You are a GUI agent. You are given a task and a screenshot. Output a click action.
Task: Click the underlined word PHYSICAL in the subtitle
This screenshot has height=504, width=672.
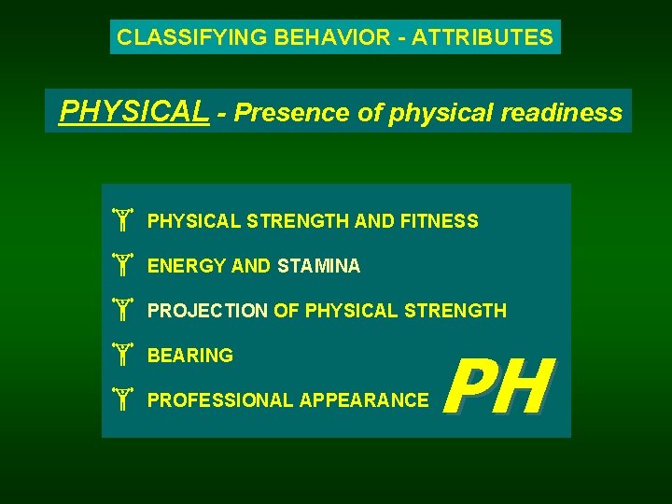133,113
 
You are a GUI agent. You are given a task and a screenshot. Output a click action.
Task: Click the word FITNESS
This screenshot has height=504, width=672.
440,222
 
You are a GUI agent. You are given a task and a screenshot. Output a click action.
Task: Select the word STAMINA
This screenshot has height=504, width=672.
318,267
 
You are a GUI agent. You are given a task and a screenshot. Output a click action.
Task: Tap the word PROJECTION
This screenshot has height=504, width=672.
207,312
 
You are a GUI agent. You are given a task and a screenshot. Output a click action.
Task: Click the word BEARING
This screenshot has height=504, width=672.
190,357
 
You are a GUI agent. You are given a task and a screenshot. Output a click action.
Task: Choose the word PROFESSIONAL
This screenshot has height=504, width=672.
220,401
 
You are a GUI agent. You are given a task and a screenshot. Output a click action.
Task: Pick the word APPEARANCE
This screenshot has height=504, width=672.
364,401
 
